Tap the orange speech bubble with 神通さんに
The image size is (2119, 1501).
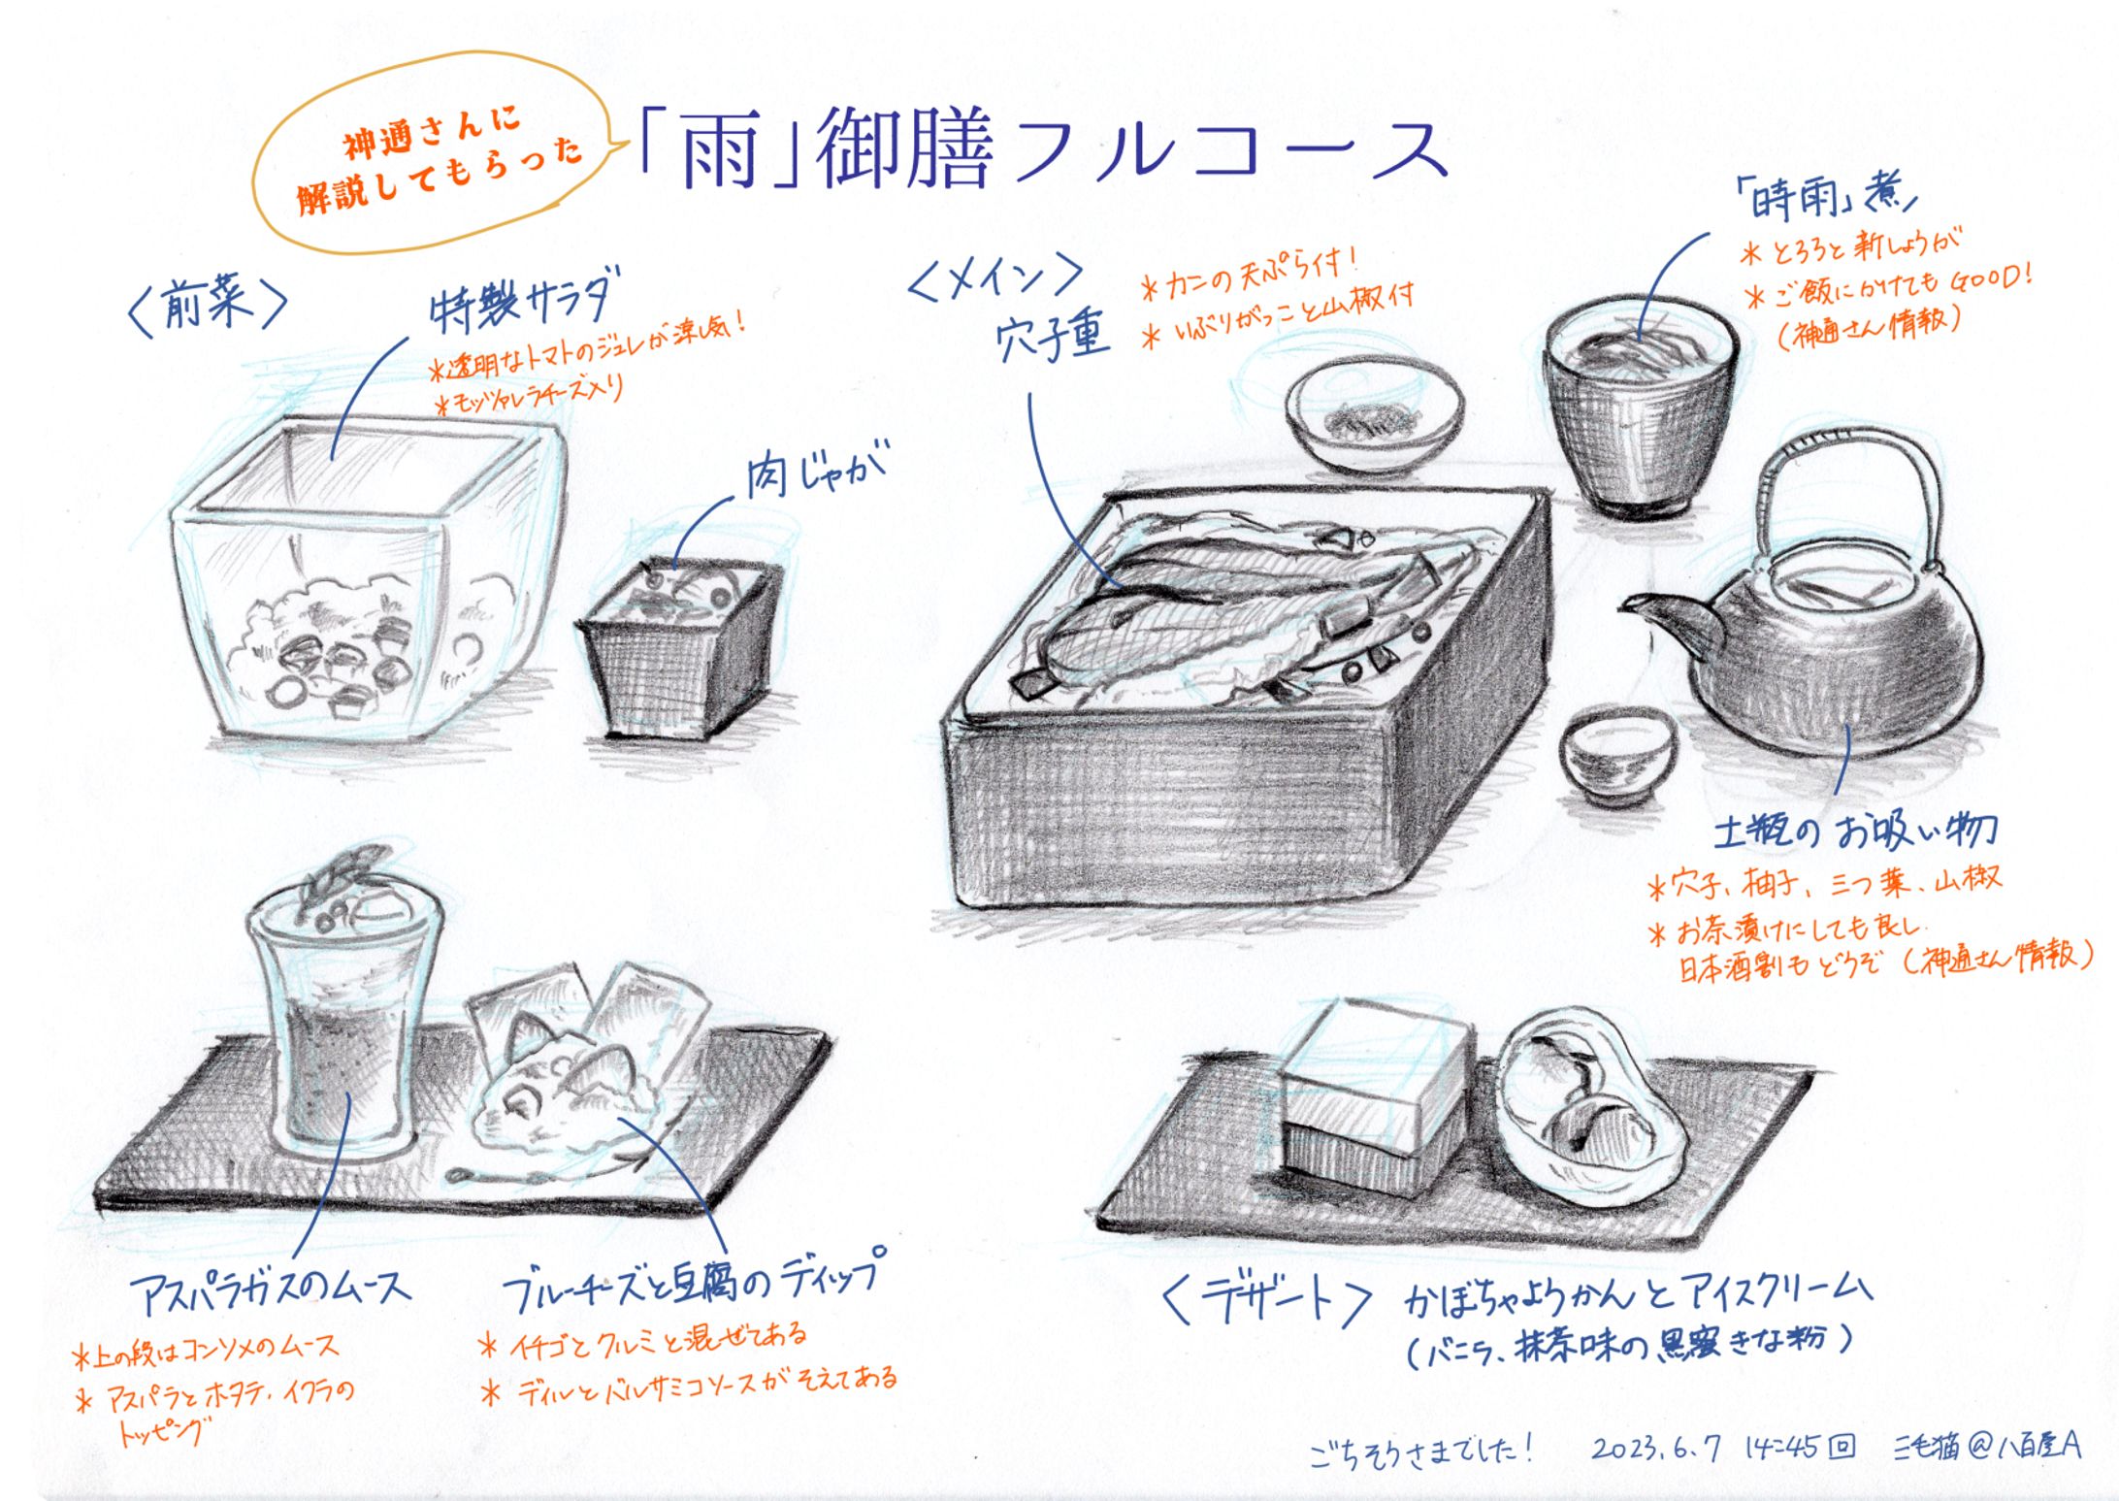tap(436, 155)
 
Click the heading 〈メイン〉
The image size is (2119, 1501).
tap(994, 277)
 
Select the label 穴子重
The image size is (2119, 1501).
tap(1052, 340)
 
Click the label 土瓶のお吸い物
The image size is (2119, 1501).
tap(1853, 831)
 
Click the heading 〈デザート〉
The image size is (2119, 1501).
tap(1266, 1300)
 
